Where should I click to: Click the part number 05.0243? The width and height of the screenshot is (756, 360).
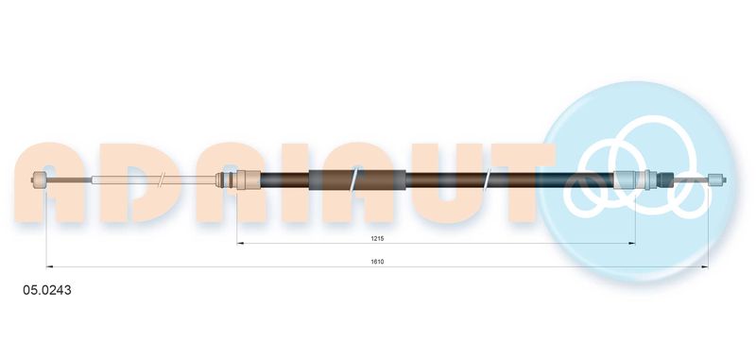tap(47, 290)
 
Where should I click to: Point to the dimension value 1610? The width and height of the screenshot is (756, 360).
tap(377, 262)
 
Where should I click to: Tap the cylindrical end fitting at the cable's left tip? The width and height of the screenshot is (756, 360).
tap(38, 180)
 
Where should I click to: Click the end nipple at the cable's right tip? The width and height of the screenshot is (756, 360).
tap(717, 180)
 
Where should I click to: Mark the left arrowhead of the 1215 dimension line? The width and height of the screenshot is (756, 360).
tap(240, 244)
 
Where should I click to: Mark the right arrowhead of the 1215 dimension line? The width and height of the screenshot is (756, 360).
tap(631, 244)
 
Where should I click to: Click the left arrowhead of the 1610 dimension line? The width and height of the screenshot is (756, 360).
tap(49, 267)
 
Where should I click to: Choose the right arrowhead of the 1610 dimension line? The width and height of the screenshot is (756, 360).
tap(704, 267)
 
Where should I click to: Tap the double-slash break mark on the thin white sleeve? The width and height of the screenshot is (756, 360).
tap(163, 180)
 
